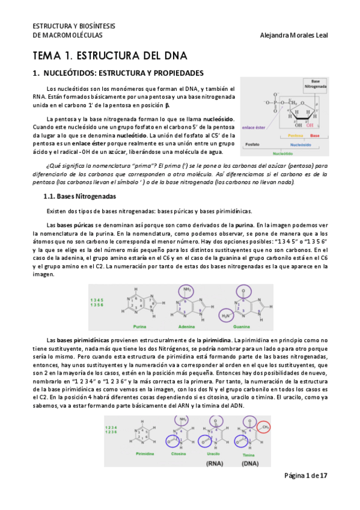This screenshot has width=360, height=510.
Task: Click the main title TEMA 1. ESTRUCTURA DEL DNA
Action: tap(110, 56)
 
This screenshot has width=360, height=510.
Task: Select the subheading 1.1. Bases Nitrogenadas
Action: tap(80, 196)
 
